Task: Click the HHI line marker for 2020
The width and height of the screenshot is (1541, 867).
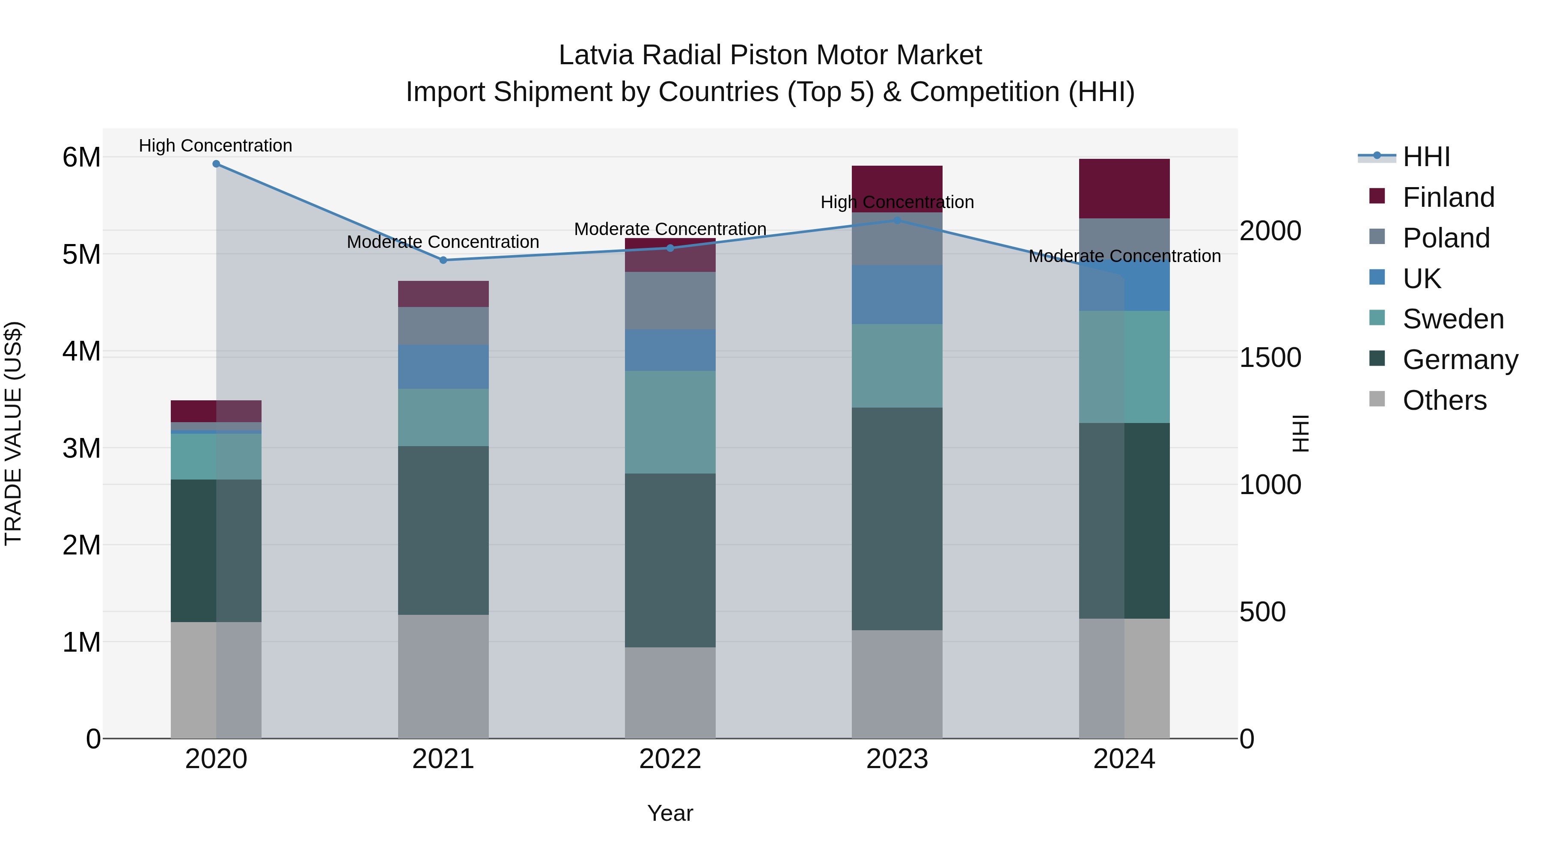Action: click(x=216, y=164)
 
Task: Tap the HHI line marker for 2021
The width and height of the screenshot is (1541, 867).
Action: click(x=443, y=260)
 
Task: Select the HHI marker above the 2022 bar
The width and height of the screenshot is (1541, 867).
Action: click(x=670, y=248)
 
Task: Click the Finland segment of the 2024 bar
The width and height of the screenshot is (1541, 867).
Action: click(x=1124, y=188)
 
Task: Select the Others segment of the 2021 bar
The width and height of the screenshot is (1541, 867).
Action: click(x=443, y=676)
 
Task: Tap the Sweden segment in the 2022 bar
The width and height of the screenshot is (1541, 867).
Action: click(x=670, y=422)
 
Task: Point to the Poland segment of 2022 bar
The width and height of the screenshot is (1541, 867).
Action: click(x=670, y=301)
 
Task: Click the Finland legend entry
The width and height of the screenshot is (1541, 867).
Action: click(x=1448, y=197)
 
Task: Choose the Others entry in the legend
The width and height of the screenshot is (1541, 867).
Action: click(x=1444, y=400)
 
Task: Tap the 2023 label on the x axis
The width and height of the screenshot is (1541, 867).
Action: click(x=897, y=759)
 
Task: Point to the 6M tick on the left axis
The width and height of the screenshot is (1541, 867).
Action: click(x=81, y=158)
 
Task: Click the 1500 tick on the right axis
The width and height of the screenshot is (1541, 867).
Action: click(x=1270, y=358)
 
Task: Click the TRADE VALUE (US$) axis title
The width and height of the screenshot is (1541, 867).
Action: click(x=14, y=433)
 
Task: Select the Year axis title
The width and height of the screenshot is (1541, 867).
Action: click(x=670, y=813)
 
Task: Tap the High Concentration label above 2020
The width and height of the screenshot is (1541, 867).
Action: click(x=215, y=146)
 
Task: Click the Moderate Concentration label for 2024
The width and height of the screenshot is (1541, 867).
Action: click(x=1124, y=256)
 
